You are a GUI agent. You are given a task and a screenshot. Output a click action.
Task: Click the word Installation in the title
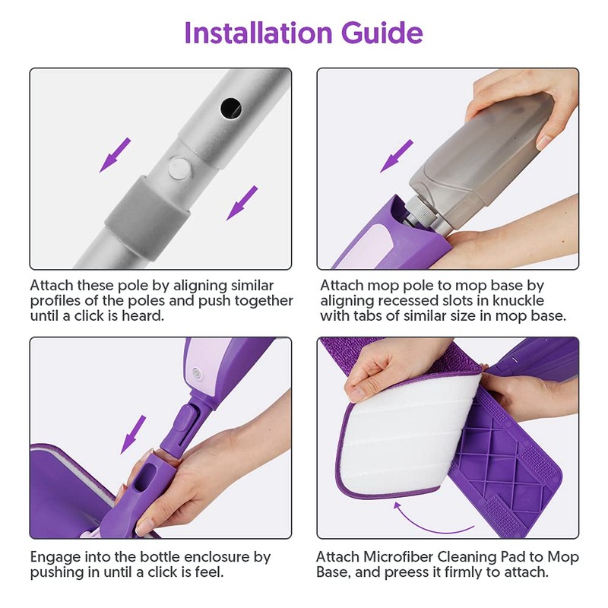coord(258,33)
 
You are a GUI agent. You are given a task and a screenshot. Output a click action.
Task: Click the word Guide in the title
coord(382,33)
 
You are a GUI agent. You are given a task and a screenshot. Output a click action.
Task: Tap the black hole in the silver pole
coord(231,108)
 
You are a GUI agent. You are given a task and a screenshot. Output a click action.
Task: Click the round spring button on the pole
coord(180,168)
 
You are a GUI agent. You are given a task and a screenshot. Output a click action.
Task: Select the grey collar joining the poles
coord(148,217)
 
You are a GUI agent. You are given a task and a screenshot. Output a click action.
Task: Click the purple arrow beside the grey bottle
coord(396,157)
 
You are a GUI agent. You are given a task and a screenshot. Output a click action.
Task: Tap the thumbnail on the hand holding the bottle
coord(544,141)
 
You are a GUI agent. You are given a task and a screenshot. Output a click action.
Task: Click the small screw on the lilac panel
coord(198,375)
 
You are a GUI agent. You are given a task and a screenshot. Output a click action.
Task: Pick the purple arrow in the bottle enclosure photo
coord(133,435)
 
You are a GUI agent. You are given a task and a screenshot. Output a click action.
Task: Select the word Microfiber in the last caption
coord(398,557)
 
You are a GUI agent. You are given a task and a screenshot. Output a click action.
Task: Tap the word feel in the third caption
coord(210,572)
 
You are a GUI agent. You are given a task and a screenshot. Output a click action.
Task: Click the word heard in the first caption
coord(143,315)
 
